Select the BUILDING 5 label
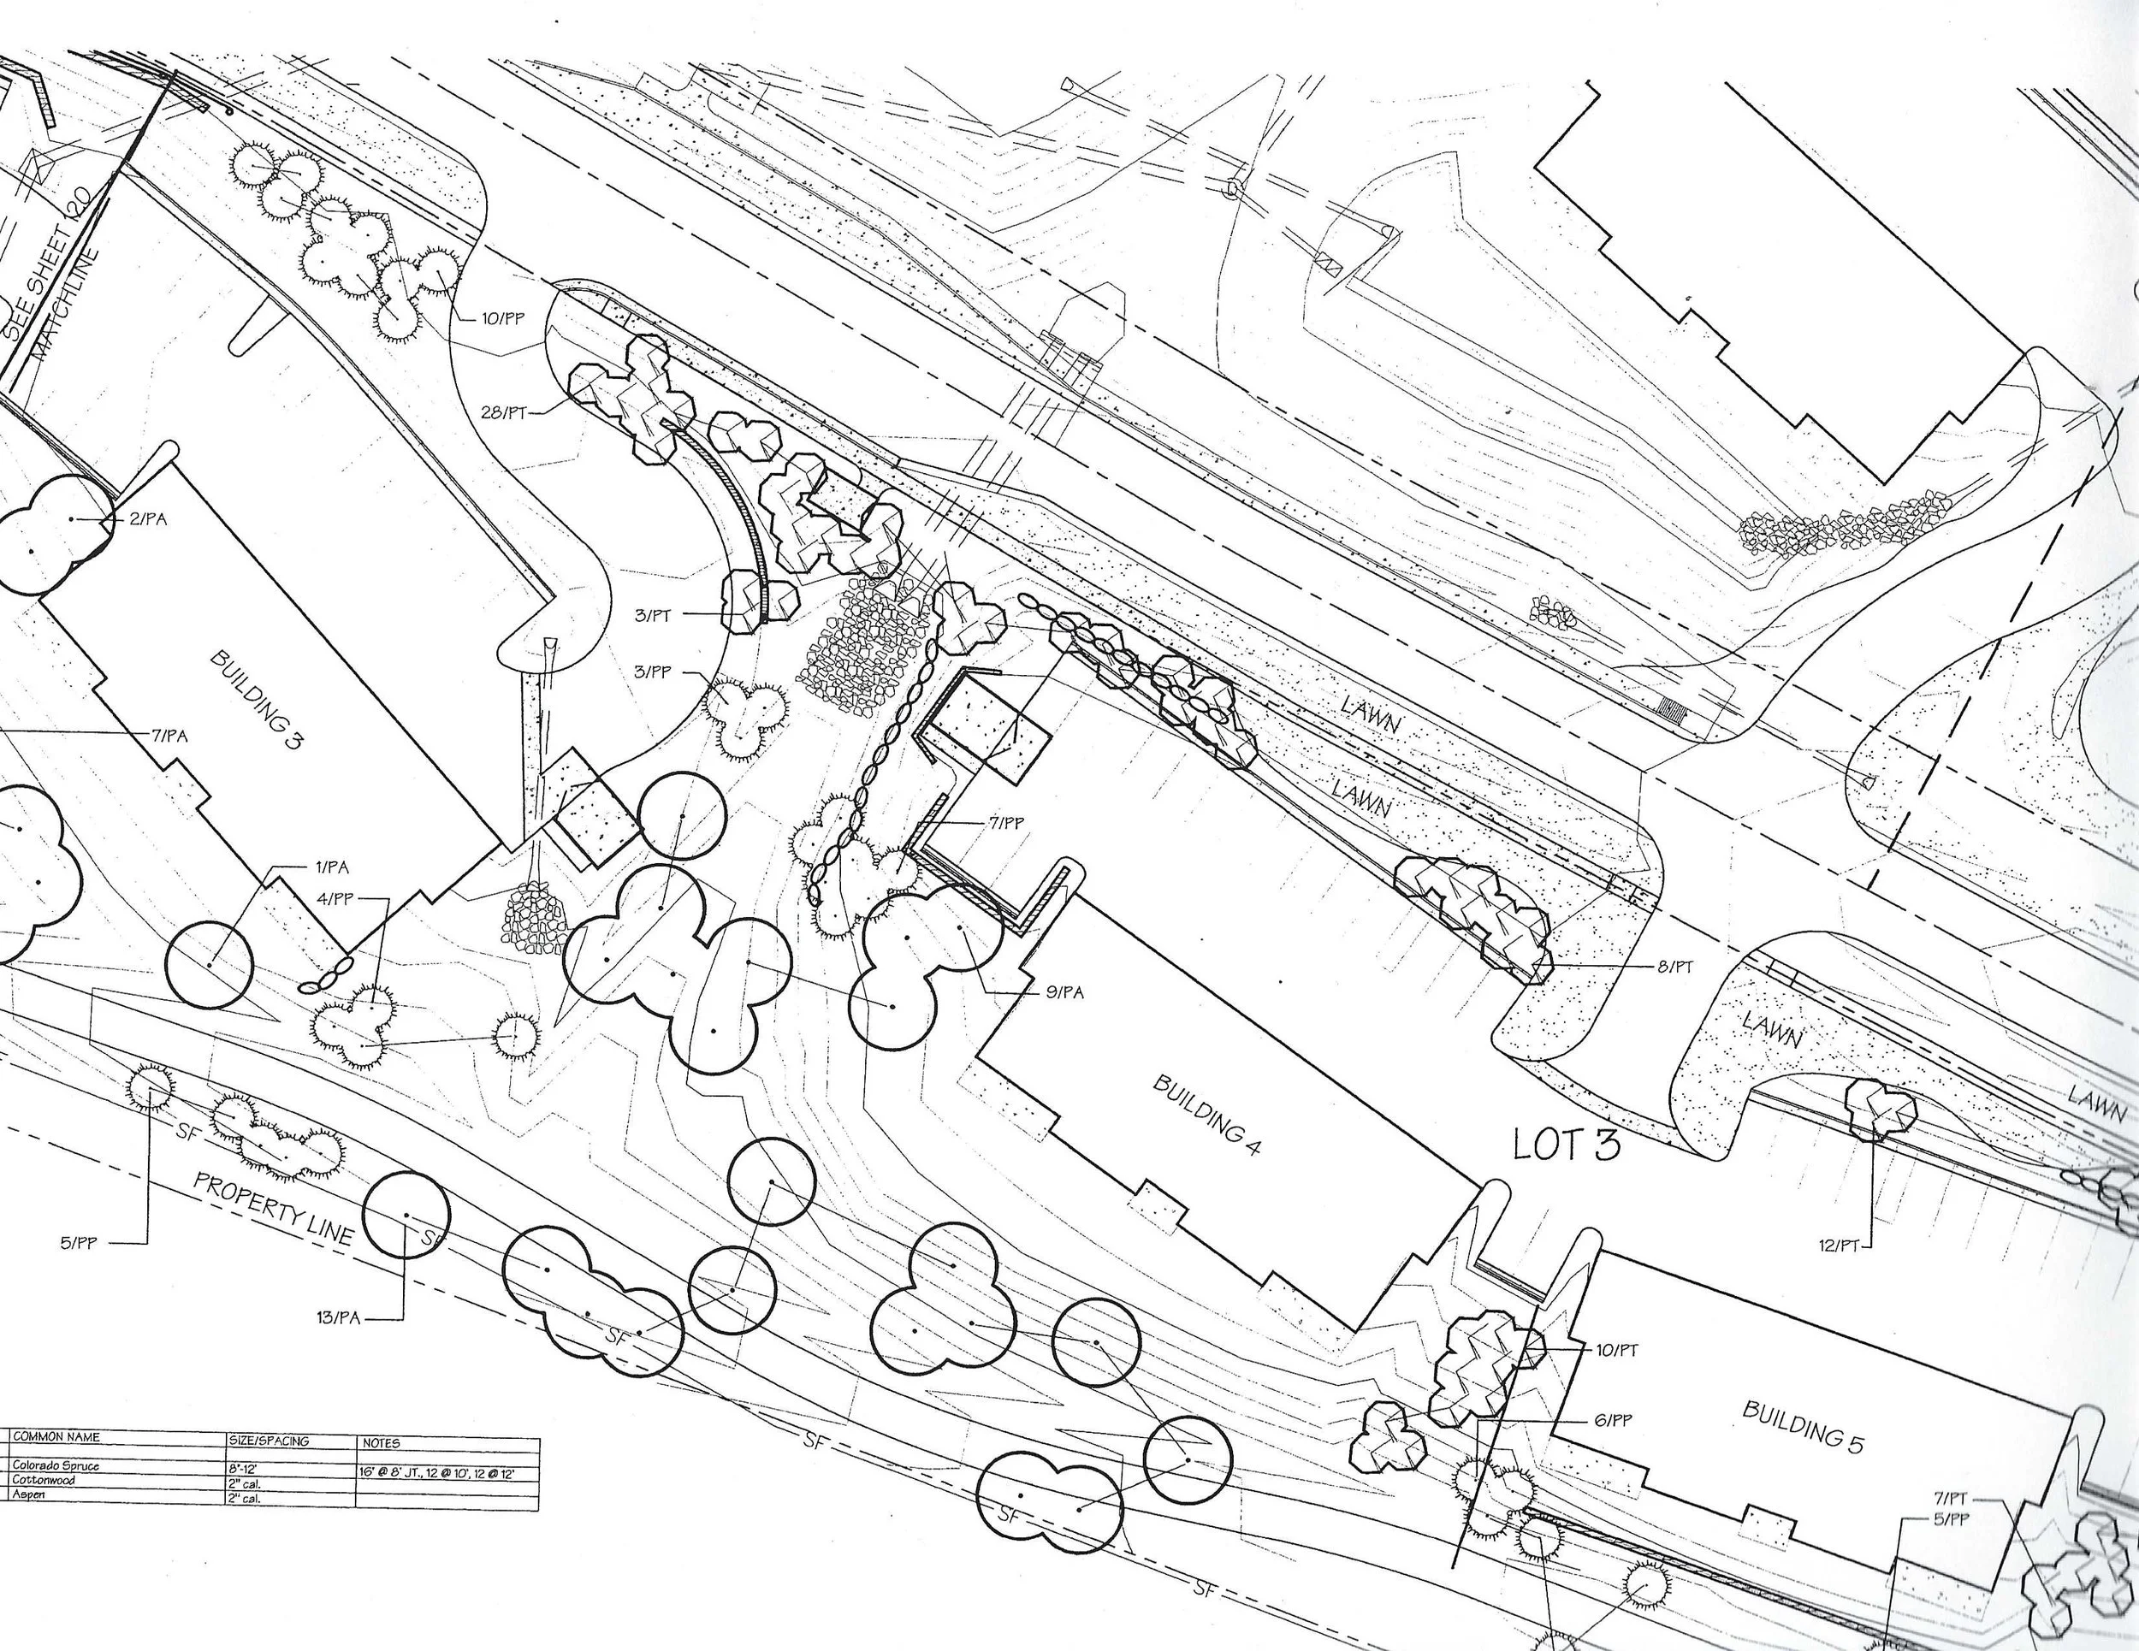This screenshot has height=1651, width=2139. [x=1803, y=1427]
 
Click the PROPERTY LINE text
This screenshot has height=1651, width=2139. [x=273, y=1207]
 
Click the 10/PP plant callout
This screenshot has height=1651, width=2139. [x=502, y=319]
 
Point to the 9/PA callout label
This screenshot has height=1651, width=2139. [x=1065, y=993]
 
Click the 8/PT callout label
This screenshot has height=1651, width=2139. [x=1674, y=967]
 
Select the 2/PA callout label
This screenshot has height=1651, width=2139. [x=148, y=519]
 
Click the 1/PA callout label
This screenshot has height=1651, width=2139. [x=331, y=867]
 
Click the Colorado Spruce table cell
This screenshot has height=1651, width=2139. [x=56, y=1466]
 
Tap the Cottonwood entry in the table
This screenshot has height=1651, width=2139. [x=44, y=1481]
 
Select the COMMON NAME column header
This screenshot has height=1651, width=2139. [x=56, y=1436]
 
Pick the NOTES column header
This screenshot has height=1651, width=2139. [x=381, y=1442]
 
